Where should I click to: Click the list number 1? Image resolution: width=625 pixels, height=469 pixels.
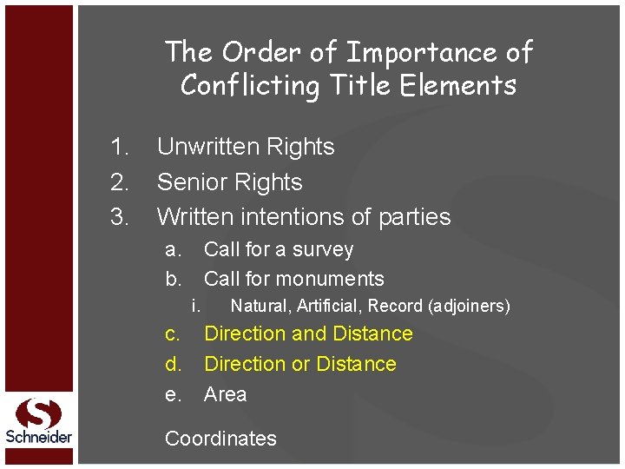(120, 147)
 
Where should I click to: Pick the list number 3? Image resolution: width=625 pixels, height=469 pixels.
(120, 216)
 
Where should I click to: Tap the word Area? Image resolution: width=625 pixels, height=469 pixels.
(225, 394)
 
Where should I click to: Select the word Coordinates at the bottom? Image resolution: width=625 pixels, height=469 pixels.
(220, 439)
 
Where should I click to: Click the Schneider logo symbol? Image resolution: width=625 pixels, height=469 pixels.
(39, 413)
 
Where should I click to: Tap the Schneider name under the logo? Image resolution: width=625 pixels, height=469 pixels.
(39, 437)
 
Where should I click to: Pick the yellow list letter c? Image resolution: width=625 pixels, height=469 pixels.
(174, 334)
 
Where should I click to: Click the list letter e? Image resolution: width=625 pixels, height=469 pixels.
(174, 394)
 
